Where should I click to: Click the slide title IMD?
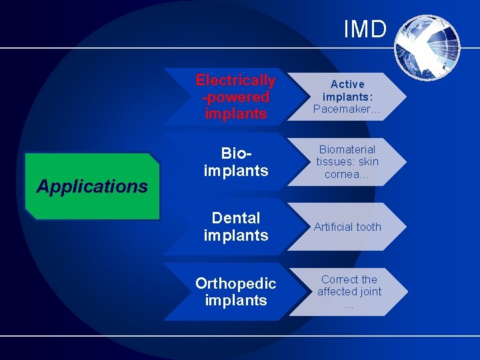[x=365, y=29]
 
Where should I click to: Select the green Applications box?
[x=92, y=187]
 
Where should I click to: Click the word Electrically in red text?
[x=235, y=81]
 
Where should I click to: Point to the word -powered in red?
[x=235, y=97]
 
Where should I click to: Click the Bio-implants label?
[x=235, y=162]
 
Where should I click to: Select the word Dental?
[x=235, y=218]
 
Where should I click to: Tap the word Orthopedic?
[x=235, y=283]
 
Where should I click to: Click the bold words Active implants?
[x=347, y=90]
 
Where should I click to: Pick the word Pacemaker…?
[x=347, y=109]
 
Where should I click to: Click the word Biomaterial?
[x=347, y=149]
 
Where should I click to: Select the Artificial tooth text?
[x=347, y=227]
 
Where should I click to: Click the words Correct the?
[x=349, y=279]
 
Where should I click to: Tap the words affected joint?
[x=349, y=291]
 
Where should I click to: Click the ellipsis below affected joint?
[x=349, y=306]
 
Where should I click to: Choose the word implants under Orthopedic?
[x=235, y=301]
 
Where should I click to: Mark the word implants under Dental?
[x=235, y=235]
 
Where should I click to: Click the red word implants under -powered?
[x=235, y=114]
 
